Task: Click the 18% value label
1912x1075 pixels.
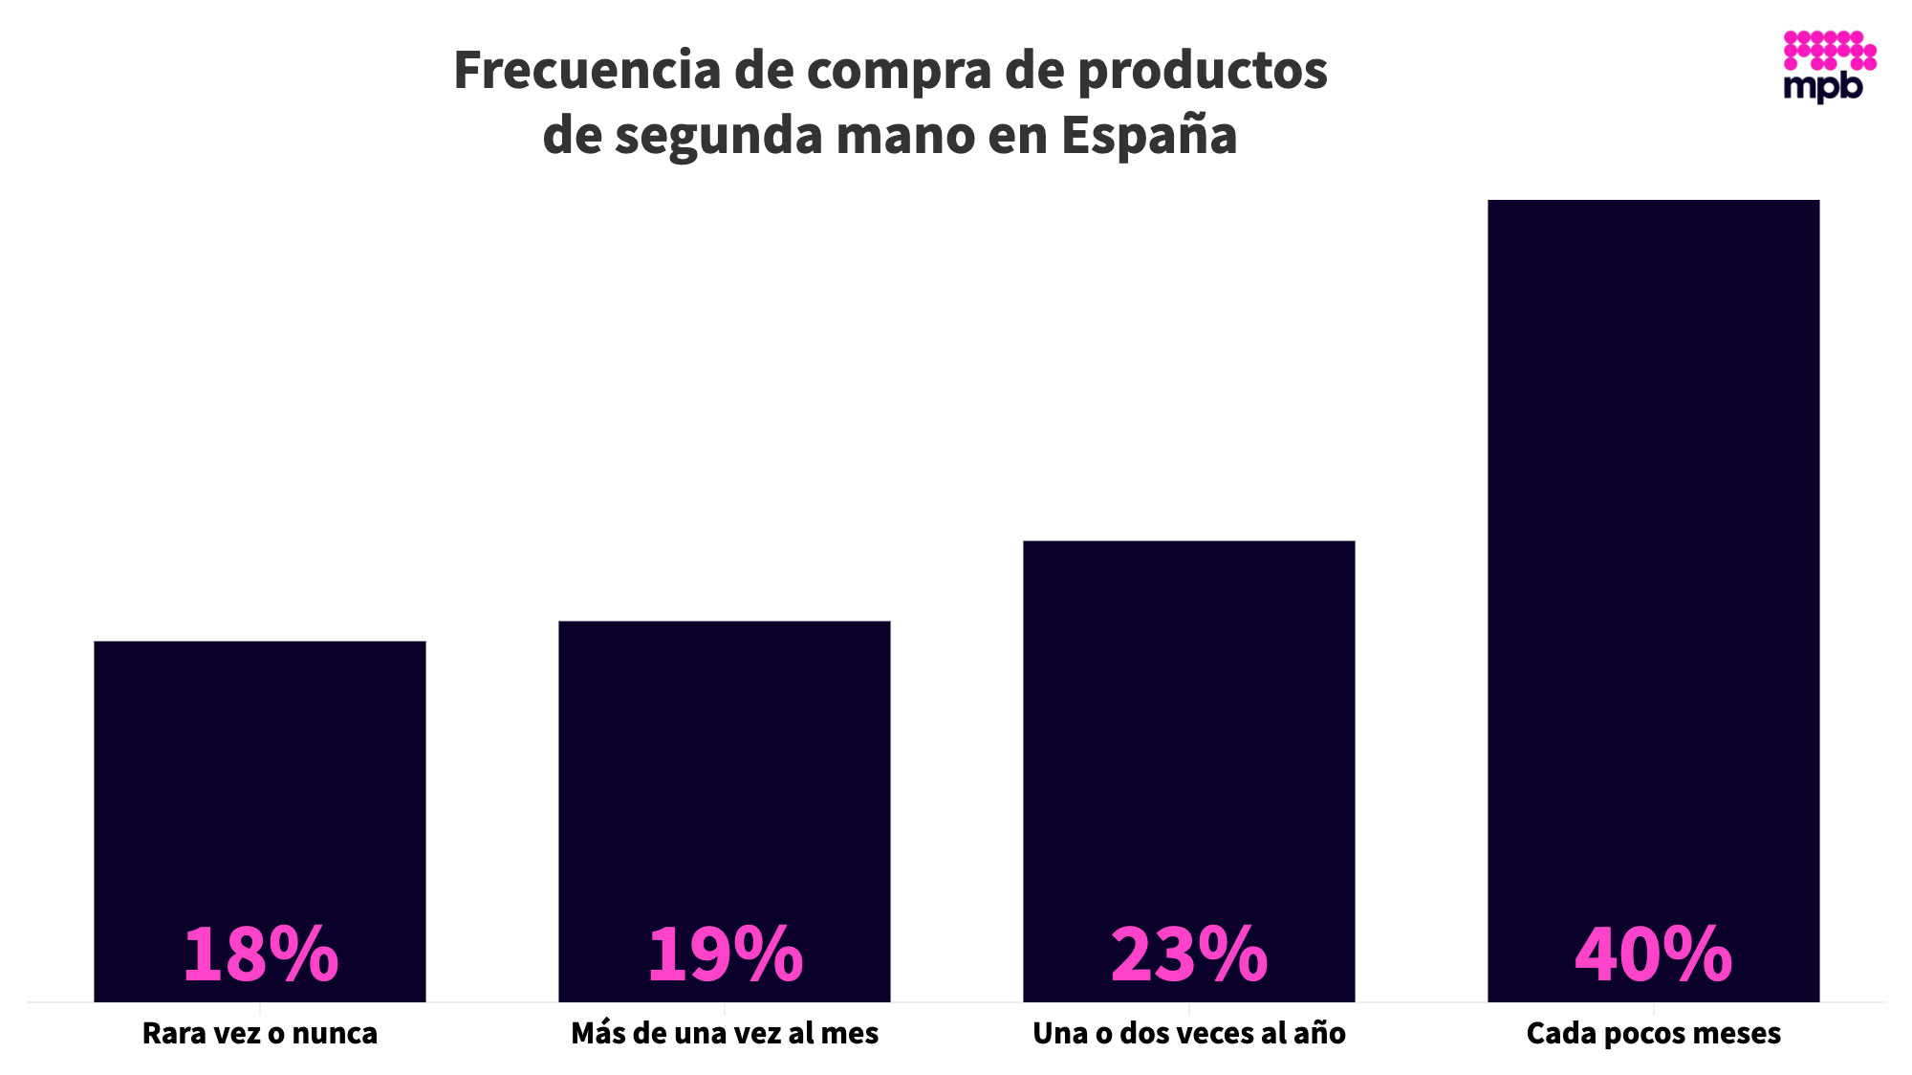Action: [x=260, y=954]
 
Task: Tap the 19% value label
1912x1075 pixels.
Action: [x=725, y=954]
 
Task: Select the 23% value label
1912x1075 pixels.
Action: [x=1189, y=954]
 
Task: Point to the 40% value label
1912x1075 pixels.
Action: [x=1654, y=954]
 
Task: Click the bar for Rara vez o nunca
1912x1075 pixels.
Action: [x=260, y=765]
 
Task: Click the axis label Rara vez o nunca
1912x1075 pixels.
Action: [x=260, y=1034]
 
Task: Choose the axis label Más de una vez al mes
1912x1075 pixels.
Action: [x=725, y=1034]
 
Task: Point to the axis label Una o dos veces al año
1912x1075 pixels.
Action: [x=1189, y=1034]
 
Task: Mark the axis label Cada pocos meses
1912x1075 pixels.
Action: [x=1654, y=1034]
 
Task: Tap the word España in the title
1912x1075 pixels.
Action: [x=1149, y=136]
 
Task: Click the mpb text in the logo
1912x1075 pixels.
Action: [x=1823, y=87]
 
